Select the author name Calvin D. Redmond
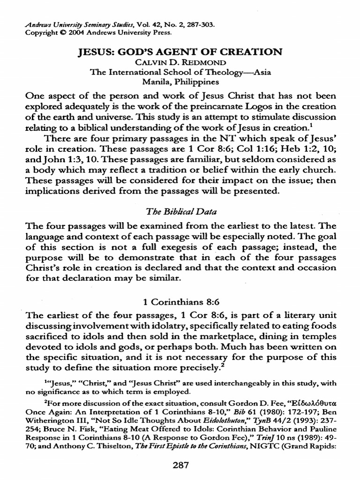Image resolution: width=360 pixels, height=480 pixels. pyautogui.click(x=180, y=62)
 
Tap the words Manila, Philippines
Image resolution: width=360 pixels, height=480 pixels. pyautogui.click(x=180, y=82)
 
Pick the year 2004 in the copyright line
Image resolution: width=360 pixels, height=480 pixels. pyautogui.click(x=70, y=33)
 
